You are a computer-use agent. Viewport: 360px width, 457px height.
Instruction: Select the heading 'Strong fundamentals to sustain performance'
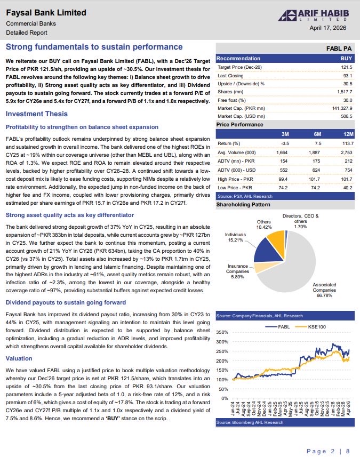[x=94, y=47]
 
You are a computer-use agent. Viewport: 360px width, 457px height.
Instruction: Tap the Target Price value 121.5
[x=347, y=67]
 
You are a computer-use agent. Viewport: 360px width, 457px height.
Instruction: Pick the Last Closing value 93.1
[x=348, y=75]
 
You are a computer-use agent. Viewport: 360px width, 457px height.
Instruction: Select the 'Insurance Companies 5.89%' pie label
[x=238, y=271]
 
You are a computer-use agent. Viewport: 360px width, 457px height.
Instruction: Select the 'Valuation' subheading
[x=19, y=358]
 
